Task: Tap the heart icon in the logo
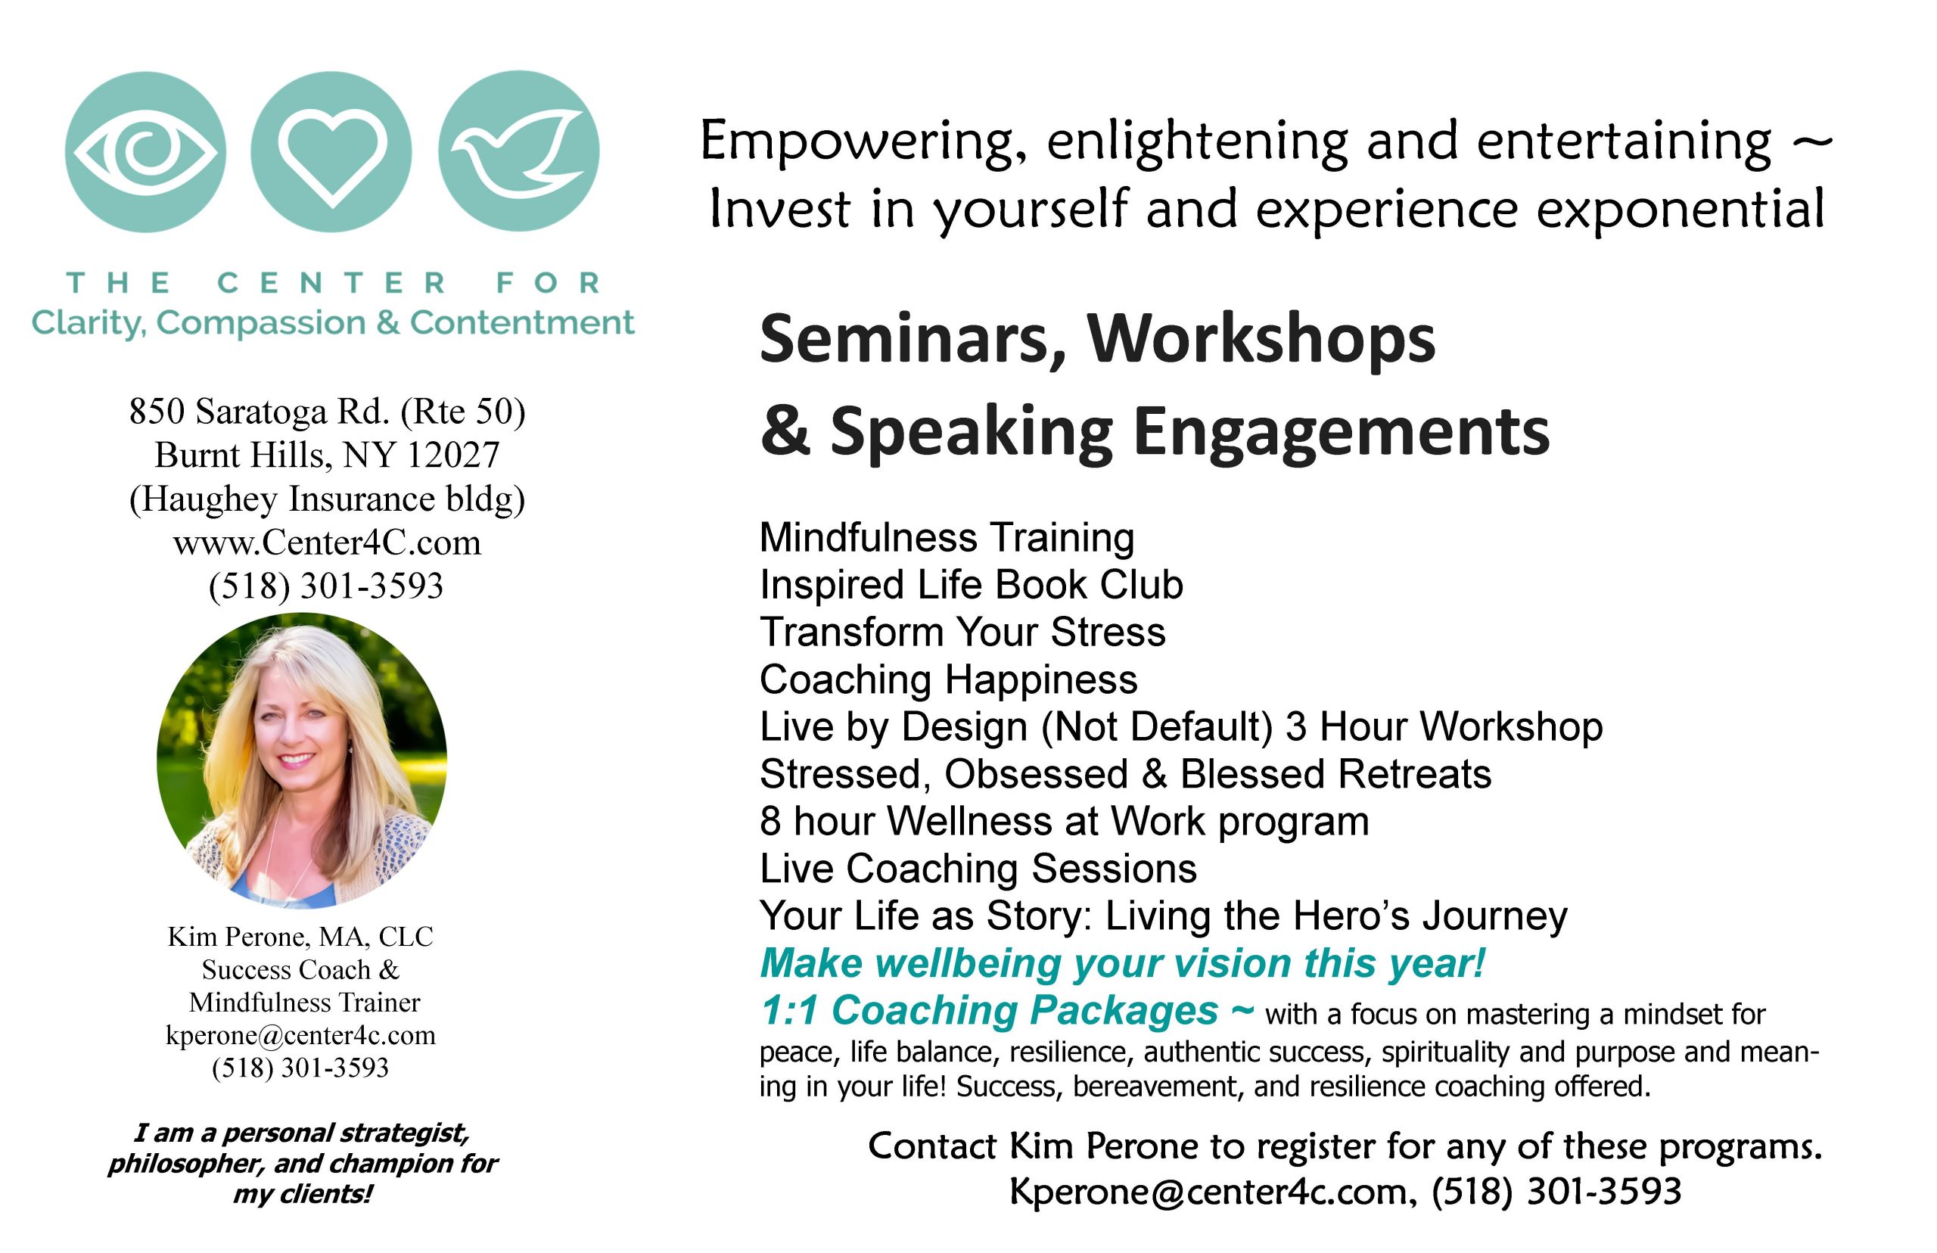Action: click(331, 152)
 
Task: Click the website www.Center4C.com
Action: click(327, 543)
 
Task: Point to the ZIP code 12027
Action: click(452, 455)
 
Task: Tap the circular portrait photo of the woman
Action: click(302, 760)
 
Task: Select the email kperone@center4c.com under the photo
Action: click(301, 1035)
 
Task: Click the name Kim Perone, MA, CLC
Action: click(300, 937)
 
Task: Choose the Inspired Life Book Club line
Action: click(972, 585)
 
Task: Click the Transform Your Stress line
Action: click(962, 633)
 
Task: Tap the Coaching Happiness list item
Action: click(949, 679)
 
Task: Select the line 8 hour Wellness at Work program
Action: click(1065, 822)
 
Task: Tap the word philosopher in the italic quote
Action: click(186, 1164)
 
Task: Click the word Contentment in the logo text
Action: click(521, 323)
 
